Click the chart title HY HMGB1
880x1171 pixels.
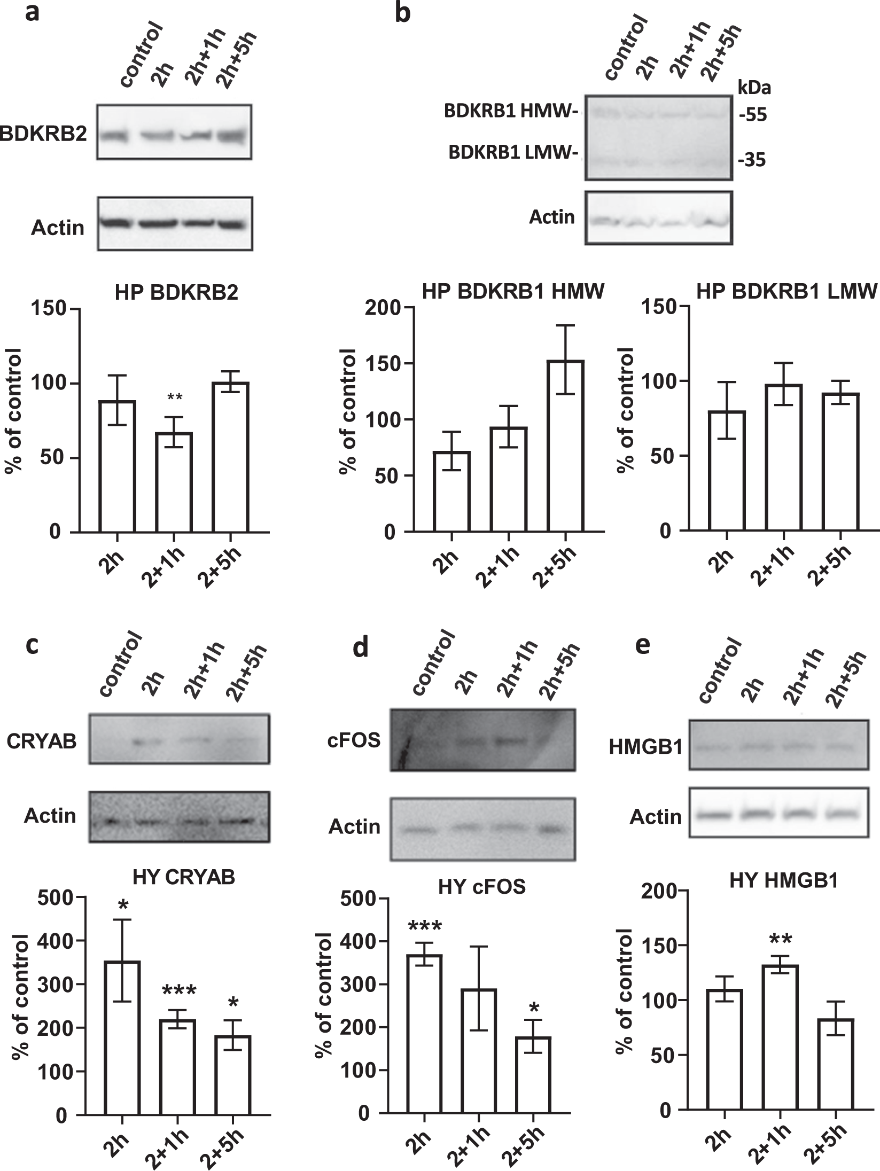tap(783, 896)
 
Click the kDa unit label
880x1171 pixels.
tap(754, 87)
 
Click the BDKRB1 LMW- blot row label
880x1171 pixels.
tap(514, 153)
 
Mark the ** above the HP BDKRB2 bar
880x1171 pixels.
tap(175, 397)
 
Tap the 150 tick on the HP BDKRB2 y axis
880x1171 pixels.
tap(52, 309)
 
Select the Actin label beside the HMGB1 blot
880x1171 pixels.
tap(656, 817)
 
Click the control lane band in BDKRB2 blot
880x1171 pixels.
tap(114, 137)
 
